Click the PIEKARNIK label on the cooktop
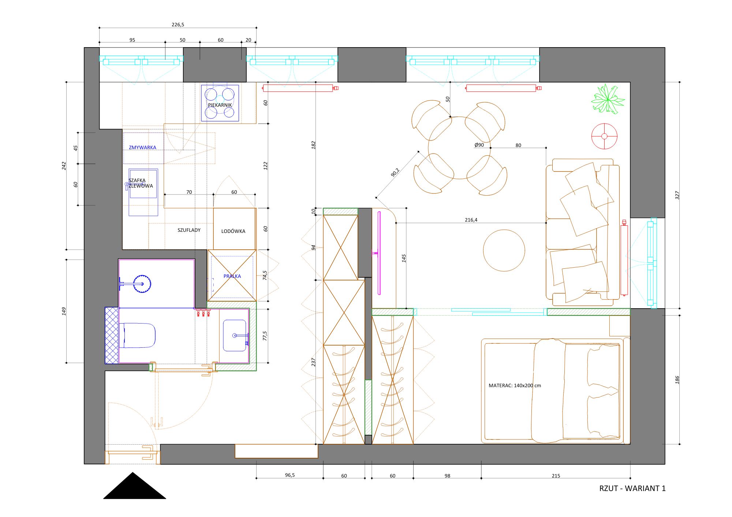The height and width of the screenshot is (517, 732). [220, 105]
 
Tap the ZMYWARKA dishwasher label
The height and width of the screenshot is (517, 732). [142, 147]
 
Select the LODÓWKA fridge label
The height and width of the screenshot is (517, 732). [233, 231]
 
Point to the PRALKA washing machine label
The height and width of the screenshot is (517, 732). [232, 276]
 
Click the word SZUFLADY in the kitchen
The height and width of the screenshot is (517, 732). [189, 230]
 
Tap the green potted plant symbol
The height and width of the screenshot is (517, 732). [608, 99]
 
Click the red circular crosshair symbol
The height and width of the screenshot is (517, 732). [604, 136]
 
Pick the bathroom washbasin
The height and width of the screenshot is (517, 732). [235, 335]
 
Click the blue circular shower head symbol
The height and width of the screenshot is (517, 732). [142, 284]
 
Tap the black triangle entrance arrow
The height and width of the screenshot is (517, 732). [134, 486]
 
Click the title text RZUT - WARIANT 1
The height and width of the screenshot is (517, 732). [632, 488]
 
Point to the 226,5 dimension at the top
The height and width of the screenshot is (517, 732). [178, 24]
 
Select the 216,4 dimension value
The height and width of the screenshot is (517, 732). [471, 220]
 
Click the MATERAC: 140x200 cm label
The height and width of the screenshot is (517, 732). [515, 385]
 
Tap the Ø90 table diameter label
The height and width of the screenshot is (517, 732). [479, 145]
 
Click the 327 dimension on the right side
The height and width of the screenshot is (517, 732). [677, 195]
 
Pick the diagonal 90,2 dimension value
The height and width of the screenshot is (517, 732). [395, 172]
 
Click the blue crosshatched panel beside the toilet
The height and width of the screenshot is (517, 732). [112, 335]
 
